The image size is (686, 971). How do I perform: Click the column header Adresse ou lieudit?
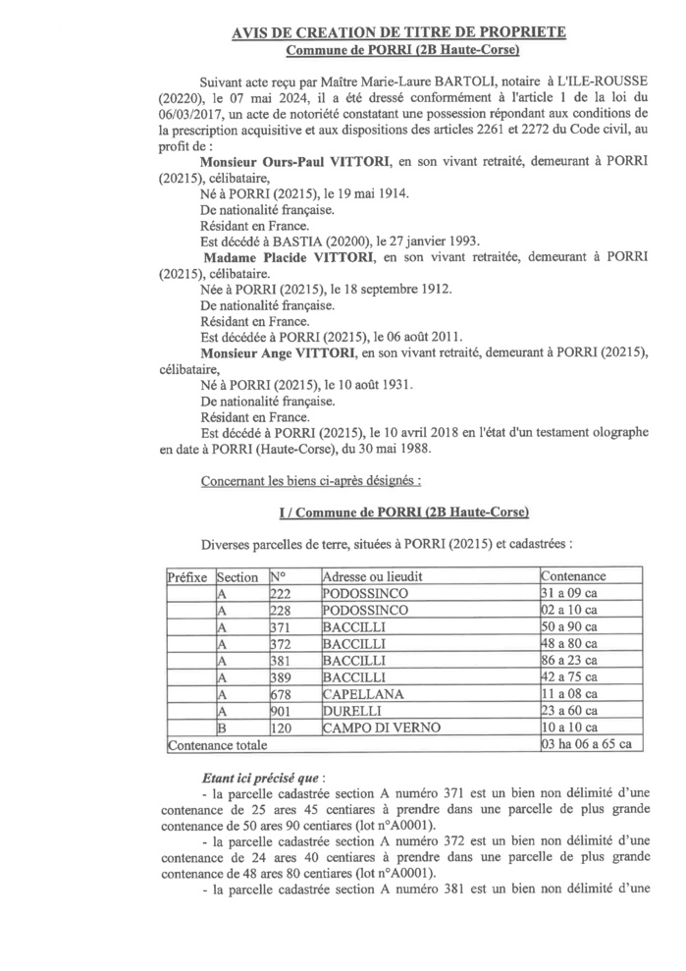pos(376,576)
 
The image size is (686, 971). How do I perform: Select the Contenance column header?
pos(574,576)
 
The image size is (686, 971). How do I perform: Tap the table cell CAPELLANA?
pos(360,694)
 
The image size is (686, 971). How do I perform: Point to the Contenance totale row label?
pos(209,744)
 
